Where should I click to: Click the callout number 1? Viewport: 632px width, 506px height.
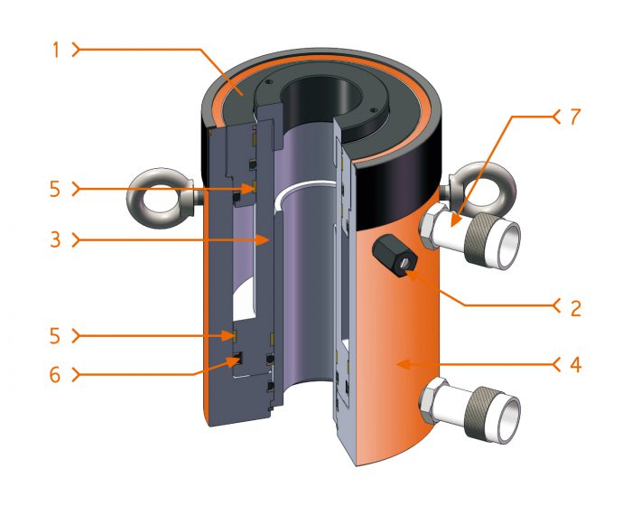[x=55, y=50]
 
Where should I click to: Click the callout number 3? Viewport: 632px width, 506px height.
[x=55, y=240]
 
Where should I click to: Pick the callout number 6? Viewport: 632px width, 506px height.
[x=55, y=372]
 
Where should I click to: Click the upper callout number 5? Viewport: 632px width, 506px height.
[x=55, y=189]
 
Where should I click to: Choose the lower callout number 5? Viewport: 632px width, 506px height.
[x=55, y=335]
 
